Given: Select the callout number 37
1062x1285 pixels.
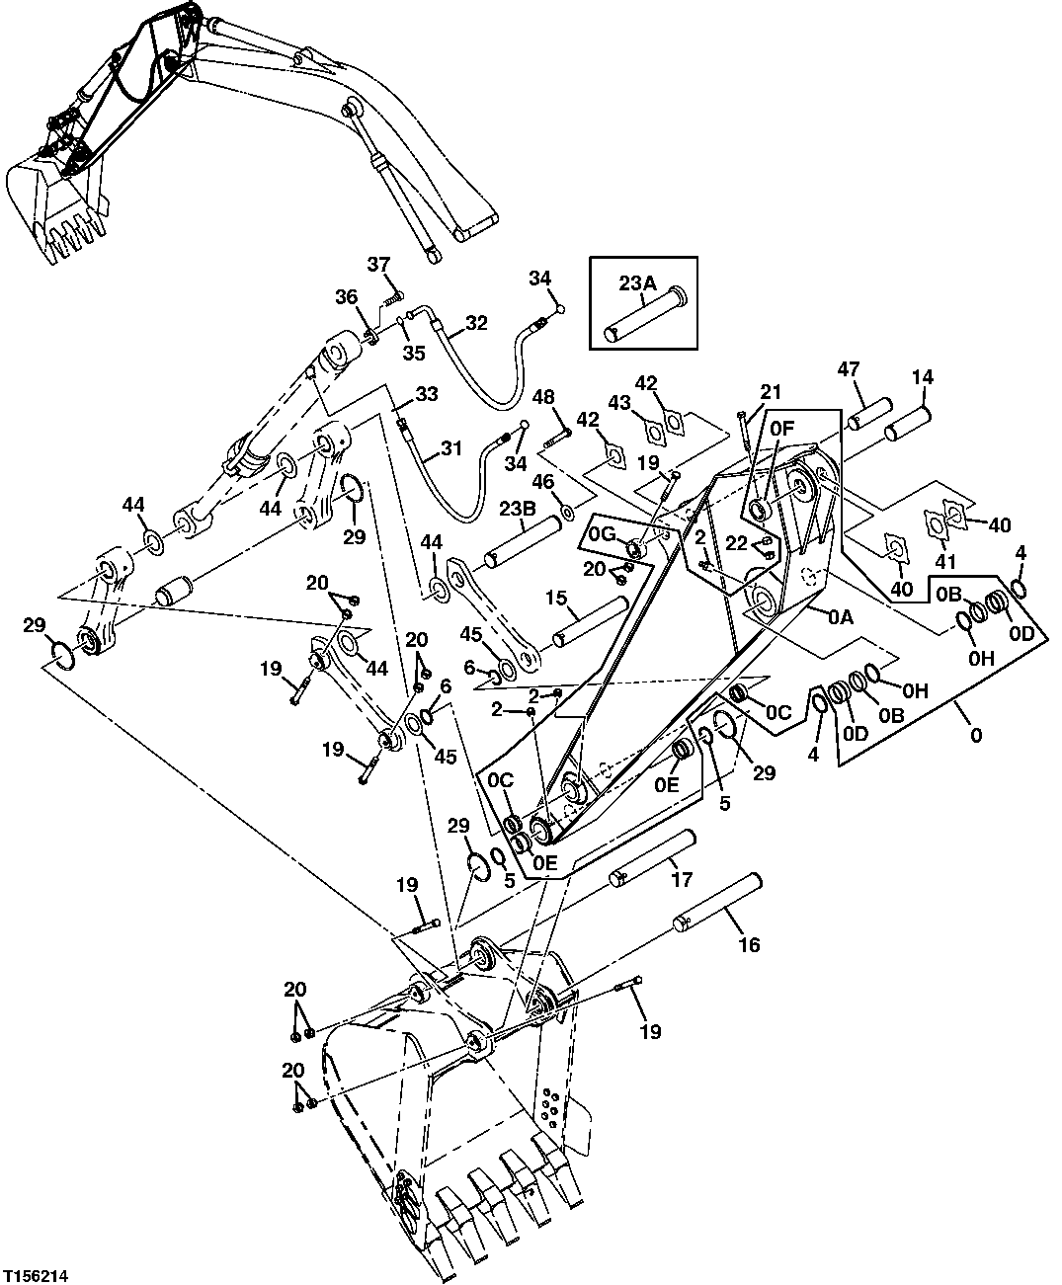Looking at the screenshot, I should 379,264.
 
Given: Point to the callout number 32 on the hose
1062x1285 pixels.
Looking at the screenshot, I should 476,322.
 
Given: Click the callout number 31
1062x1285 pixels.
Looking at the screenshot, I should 450,448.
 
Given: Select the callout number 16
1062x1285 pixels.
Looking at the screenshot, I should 749,945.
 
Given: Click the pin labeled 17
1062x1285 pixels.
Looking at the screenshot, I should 652,856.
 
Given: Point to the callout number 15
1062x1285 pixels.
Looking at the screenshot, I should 556,598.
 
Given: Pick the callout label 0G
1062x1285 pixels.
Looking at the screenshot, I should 602,533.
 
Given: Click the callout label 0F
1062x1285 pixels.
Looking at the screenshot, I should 780,428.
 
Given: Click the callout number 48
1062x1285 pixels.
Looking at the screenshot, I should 543,397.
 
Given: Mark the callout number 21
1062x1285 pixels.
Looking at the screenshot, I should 771,392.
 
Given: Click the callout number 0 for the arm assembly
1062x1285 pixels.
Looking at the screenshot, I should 976,736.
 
